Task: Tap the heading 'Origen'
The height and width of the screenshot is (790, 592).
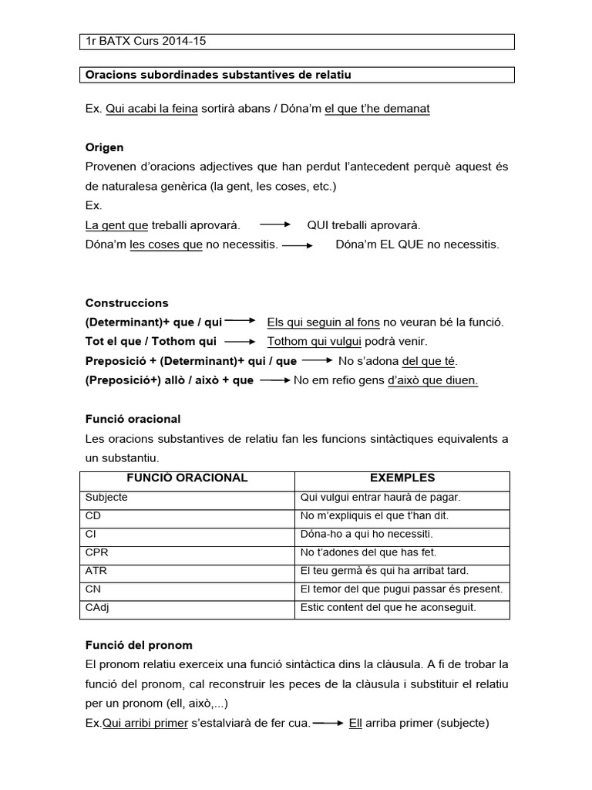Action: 104,147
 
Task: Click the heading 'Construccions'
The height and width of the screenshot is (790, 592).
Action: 126,302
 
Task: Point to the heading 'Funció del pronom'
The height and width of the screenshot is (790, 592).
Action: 139,644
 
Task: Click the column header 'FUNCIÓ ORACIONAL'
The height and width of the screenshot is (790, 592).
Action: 187,478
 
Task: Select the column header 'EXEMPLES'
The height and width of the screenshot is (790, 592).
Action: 402,478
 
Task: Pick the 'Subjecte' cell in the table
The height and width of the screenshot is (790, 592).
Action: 107,498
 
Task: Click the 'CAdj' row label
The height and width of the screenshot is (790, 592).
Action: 97,608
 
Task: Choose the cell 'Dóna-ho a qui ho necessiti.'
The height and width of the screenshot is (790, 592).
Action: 366,534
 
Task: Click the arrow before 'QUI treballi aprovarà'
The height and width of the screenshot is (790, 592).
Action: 274,225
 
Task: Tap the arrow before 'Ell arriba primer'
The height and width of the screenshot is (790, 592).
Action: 328,723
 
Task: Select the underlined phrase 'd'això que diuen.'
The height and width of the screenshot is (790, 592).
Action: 432,380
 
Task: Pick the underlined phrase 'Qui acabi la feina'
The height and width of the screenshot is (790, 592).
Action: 151,109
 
